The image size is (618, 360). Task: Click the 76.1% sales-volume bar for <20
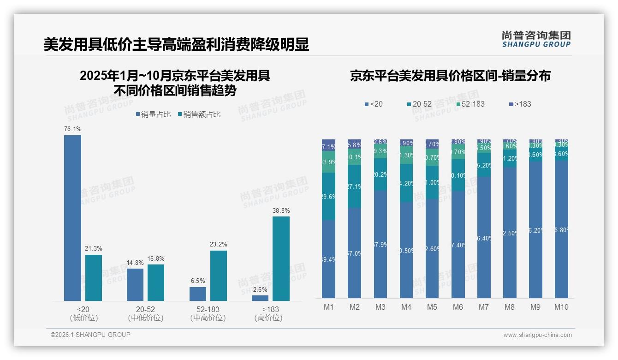tap(72, 218)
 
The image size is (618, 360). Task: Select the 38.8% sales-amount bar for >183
tap(281, 258)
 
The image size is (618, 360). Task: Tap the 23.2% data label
tap(218, 244)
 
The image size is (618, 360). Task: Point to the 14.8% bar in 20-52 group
tap(135, 284)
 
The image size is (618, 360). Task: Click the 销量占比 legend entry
tap(155, 114)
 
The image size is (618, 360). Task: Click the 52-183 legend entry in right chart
tap(470, 104)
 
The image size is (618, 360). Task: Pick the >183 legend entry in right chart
tap(520, 104)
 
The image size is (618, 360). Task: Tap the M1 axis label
tap(328, 307)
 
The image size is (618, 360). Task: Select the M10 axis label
tap(561, 307)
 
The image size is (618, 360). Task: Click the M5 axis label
tap(432, 307)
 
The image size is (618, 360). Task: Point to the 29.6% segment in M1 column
tap(328, 196)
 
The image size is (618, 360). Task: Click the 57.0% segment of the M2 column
tap(354, 253)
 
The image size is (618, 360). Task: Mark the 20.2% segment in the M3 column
tap(380, 174)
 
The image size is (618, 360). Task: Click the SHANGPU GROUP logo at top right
tap(536, 39)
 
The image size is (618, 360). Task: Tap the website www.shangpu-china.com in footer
tap(537, 335)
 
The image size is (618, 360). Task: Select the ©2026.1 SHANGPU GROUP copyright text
tap(90, 335)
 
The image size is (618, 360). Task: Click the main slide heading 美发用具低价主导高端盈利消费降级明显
tap(176, 45)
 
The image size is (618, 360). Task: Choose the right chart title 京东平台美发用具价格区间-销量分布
tap(450, 76)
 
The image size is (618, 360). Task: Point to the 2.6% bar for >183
tap(260, 298)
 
